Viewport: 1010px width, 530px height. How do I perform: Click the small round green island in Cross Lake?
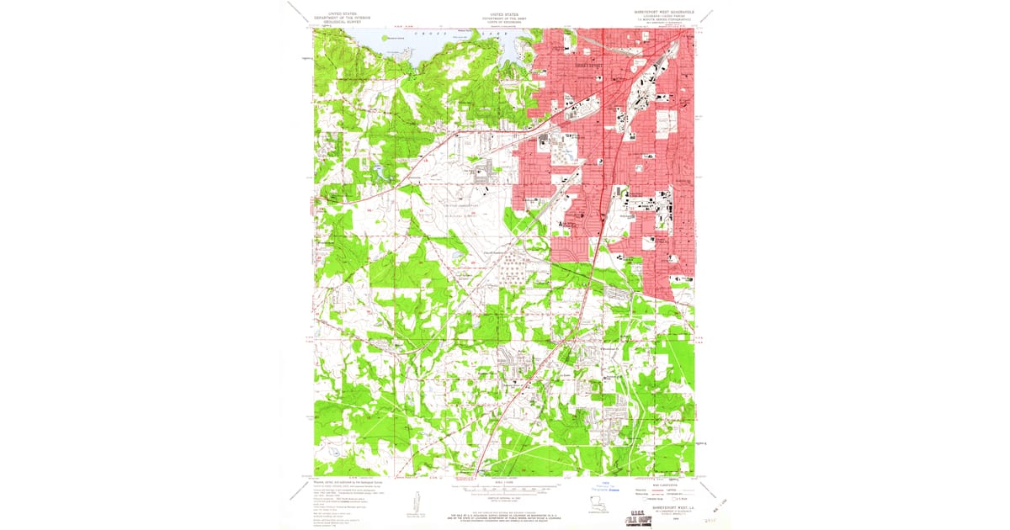[386, 38]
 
